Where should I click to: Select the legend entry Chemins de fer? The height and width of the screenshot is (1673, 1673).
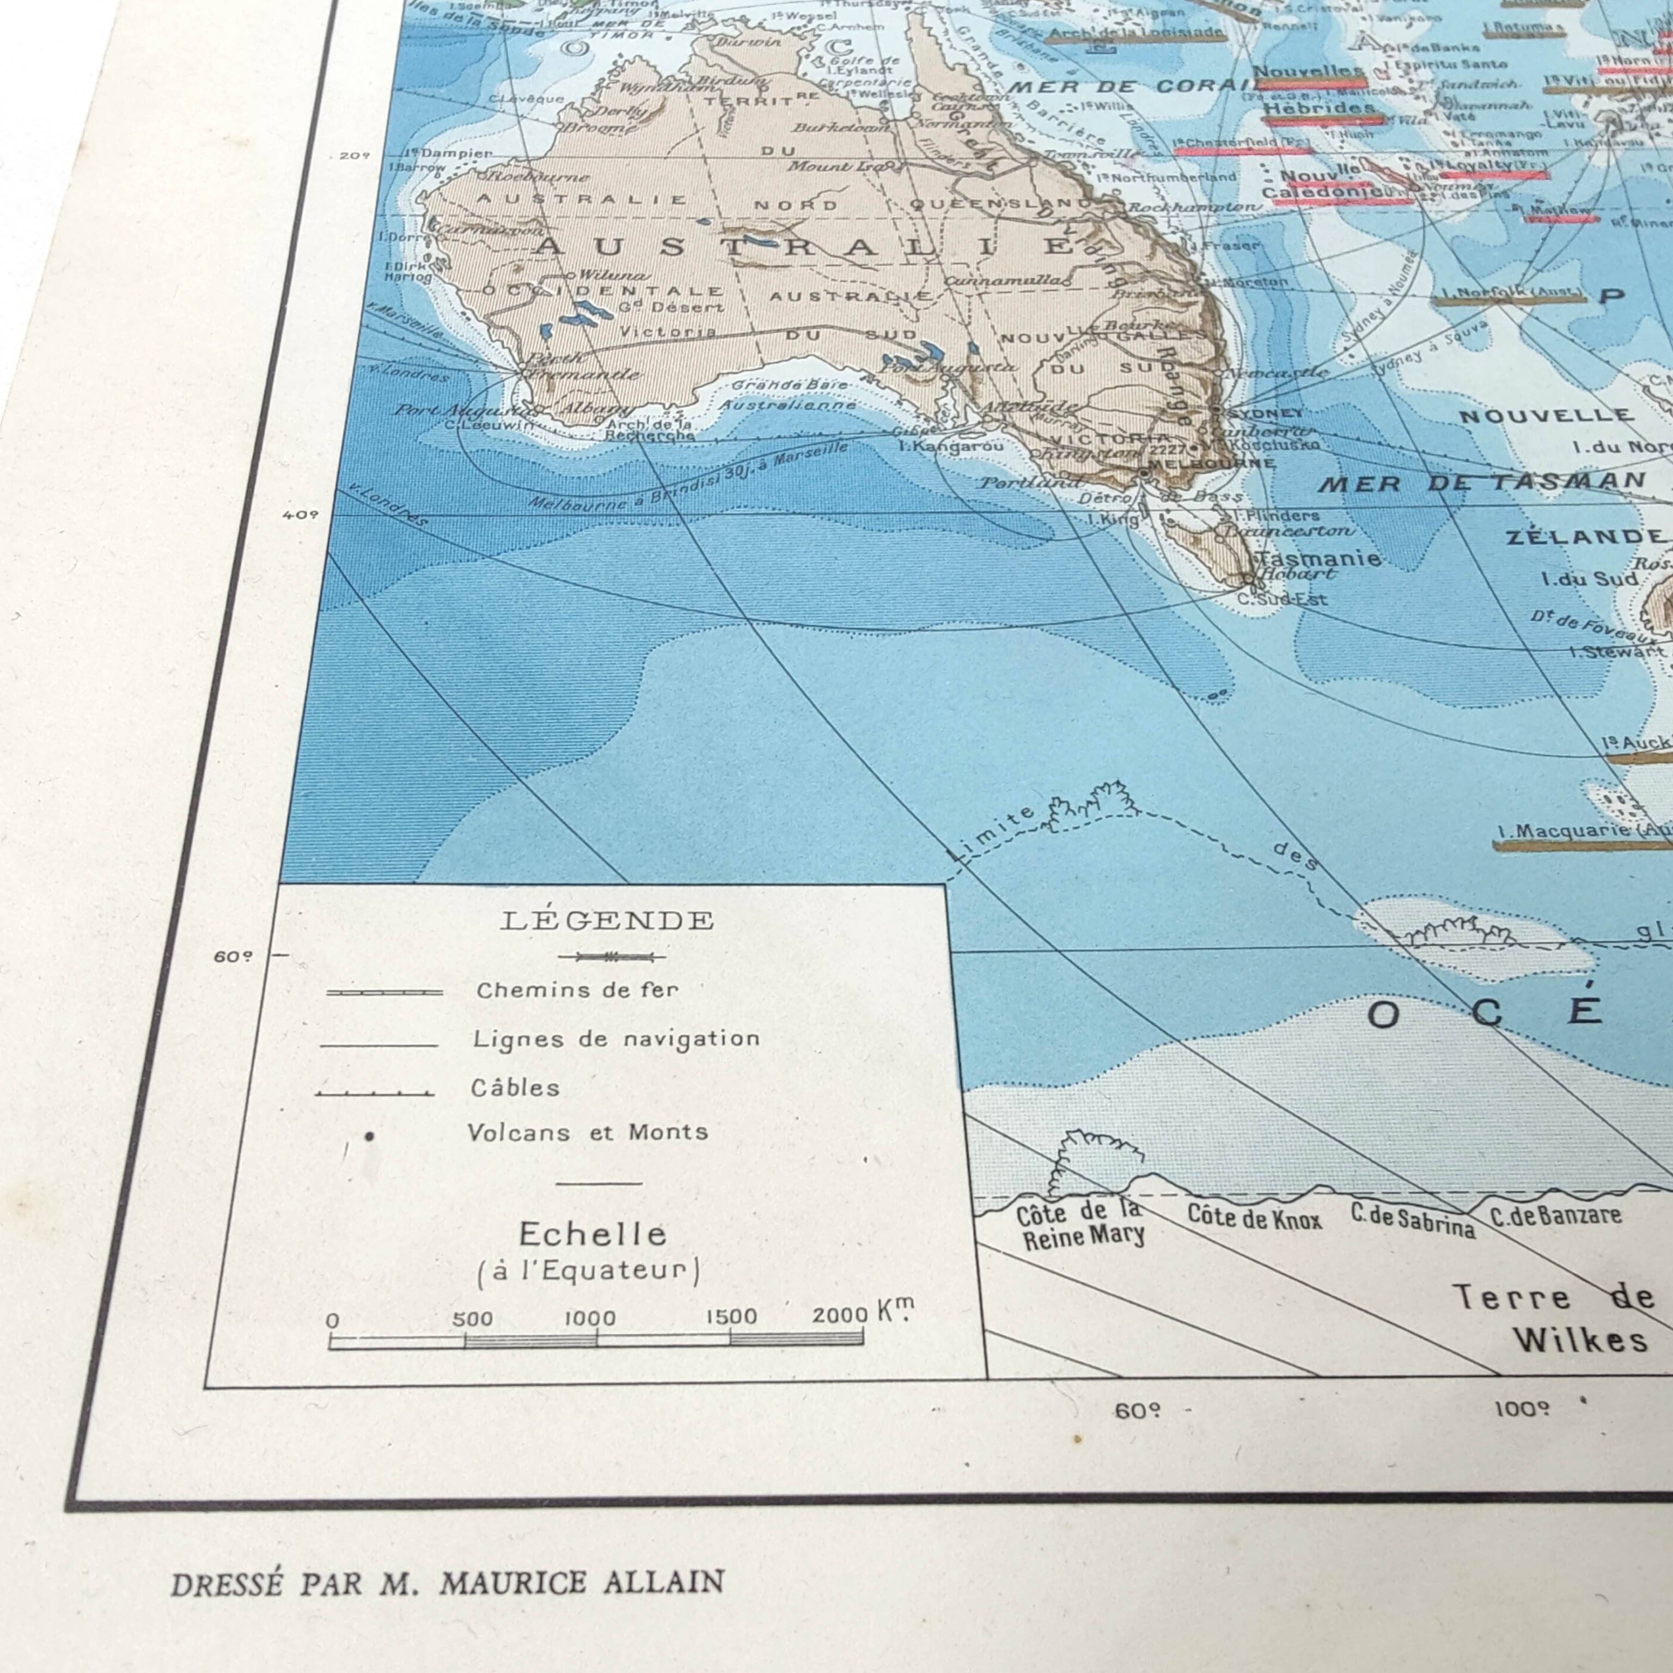tap(577, 990)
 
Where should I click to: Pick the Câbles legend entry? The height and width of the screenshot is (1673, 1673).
tap(515, 1088)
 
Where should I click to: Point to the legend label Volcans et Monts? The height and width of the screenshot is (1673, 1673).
tap(587, 1133)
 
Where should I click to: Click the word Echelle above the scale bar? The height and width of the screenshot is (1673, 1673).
tap(593, 1234)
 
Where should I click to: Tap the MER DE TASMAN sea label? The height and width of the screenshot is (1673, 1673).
tap(1481, 483)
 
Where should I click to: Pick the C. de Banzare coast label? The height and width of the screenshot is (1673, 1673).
tap(1555, 1215)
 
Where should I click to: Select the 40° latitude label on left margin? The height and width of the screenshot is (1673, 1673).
tap(301, 514)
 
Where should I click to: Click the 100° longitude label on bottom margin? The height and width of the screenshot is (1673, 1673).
tap(1522, 1409)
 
